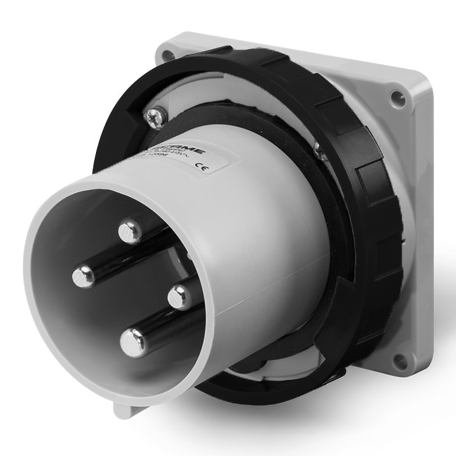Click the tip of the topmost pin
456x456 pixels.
(x=131, y=231)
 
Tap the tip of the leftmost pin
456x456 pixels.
(x=84, y=277)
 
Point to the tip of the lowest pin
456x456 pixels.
(x=133, y=344)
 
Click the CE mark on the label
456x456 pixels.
(x=201, y=167)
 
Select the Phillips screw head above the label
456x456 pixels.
(x=155, y=118)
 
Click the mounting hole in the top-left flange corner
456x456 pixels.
(x=166, y=55)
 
